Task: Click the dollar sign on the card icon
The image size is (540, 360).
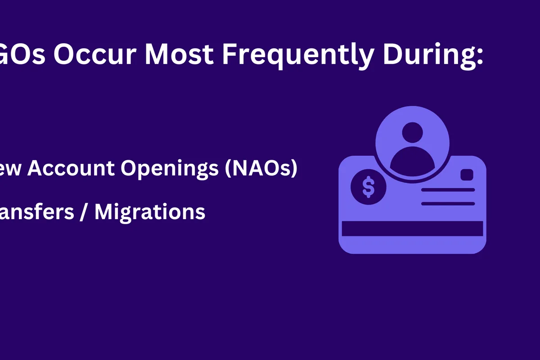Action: [x=368, y=187]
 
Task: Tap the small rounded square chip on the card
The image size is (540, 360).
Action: [x=467, y=175]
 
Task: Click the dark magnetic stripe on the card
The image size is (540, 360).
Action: [x=412, y=229]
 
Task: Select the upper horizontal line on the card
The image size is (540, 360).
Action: [x=448, y=190]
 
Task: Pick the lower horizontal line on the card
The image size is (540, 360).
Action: [x=448, y=204]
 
